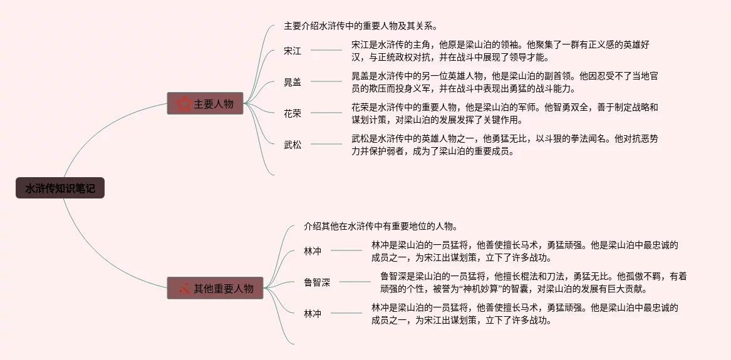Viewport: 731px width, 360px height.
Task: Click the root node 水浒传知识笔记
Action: [60, 188]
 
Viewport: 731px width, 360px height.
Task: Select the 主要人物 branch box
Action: [205, 103]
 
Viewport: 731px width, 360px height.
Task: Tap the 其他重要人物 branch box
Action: [215, 288]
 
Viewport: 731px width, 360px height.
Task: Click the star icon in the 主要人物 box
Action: [184, 104]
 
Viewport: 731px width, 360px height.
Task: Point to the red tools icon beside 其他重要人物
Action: [184, 289]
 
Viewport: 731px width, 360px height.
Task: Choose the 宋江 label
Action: [293, 51]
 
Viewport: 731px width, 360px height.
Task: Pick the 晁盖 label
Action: [293, 82]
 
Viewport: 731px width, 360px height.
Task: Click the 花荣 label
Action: [293, 113]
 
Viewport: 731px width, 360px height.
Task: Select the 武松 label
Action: [293, 145]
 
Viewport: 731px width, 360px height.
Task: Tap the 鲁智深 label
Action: [317, 282]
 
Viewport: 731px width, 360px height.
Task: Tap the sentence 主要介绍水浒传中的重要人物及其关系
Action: [360, 26]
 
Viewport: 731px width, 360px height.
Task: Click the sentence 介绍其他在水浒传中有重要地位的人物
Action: [380, 226]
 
